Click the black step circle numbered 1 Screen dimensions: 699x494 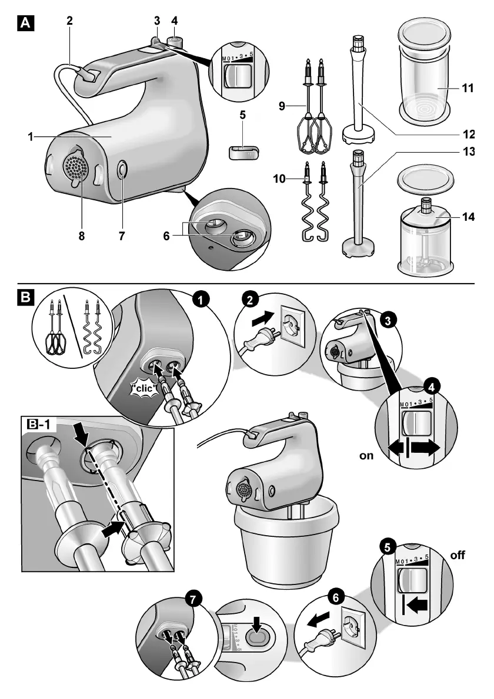tap(201, 300)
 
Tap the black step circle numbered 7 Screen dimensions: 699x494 tap(192, 600)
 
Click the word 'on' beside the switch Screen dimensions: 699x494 tap(366, 455)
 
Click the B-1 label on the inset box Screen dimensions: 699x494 tap(37, 422)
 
